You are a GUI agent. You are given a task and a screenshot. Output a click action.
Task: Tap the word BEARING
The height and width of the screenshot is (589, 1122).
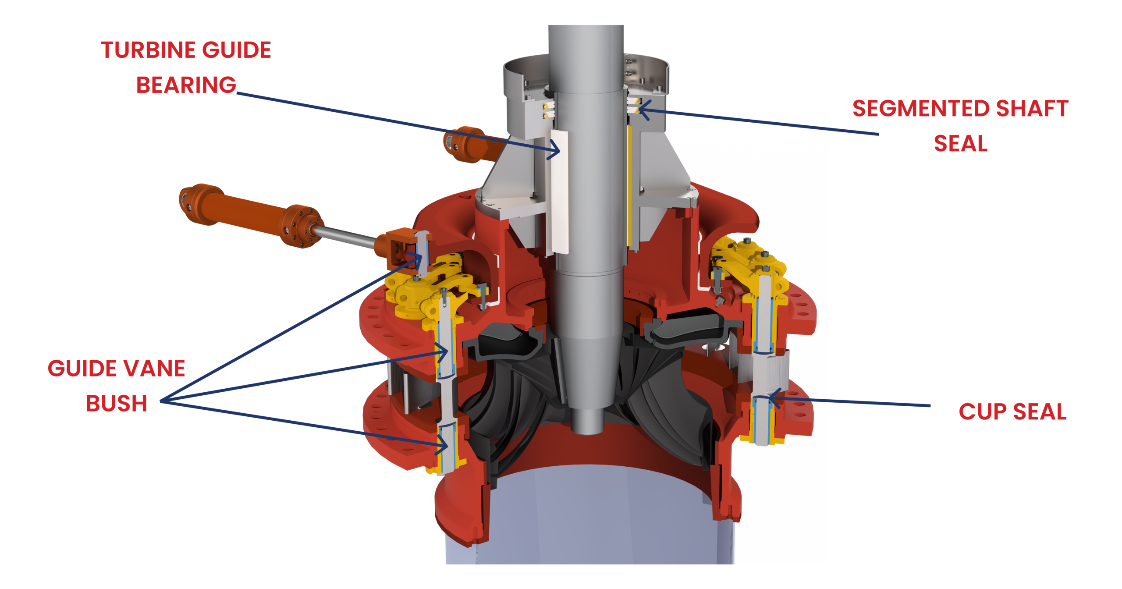coord(186,85)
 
